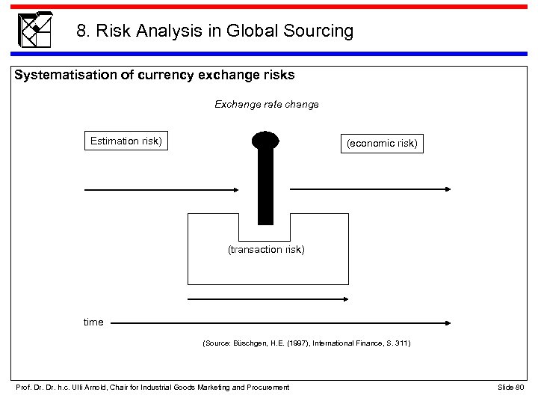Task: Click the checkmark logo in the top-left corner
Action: pos(34,29)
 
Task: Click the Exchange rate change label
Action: pos(266,105)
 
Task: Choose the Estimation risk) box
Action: pos(126,141)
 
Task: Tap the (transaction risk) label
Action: pos(266,250)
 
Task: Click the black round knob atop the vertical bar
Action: pos(265,141)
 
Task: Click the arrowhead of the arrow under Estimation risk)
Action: pos(241,190)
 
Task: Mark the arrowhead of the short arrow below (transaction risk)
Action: pos(347,299)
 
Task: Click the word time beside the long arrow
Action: pos(93,322)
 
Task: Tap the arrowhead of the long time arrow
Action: pos(447,323)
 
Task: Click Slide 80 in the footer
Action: pos(511,386)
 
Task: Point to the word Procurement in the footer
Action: pos(266,386)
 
